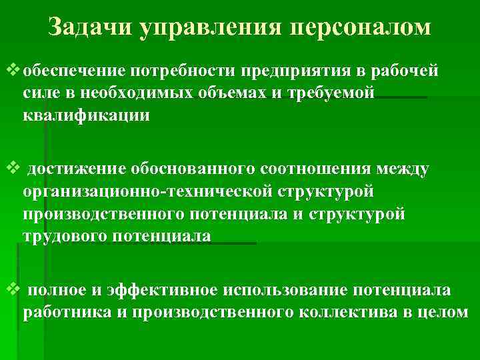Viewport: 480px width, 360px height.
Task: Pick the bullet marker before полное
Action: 12,289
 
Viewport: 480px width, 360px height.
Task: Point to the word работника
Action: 61,312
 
